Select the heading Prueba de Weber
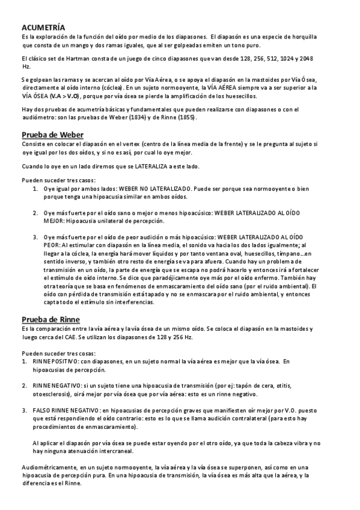click(x=52, y=134)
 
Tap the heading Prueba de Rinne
click(x=50, y=319)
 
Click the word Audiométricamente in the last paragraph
click(x=48, y=467)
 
